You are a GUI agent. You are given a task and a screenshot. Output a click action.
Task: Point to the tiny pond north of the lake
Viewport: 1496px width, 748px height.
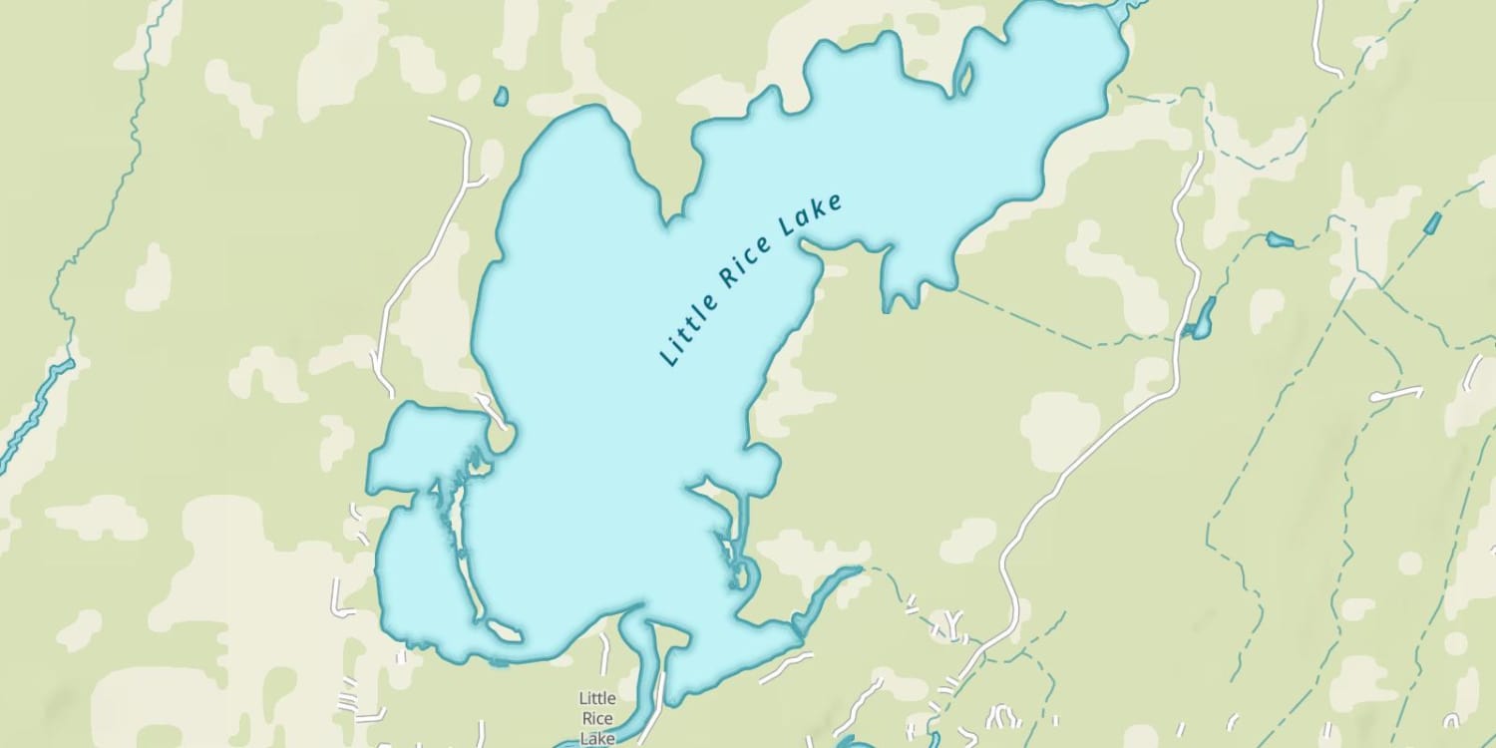pos(501,97)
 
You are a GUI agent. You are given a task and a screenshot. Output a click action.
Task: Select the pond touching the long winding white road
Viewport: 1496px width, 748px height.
pos(1204,318)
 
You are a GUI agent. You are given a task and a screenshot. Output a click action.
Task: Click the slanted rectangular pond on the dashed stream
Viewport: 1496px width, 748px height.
pos(1432,223)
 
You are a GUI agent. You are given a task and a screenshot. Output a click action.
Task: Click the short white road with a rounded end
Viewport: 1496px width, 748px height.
pos(1396,395)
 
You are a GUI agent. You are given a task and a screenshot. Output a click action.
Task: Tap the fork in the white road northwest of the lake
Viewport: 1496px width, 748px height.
pos(468,183)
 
